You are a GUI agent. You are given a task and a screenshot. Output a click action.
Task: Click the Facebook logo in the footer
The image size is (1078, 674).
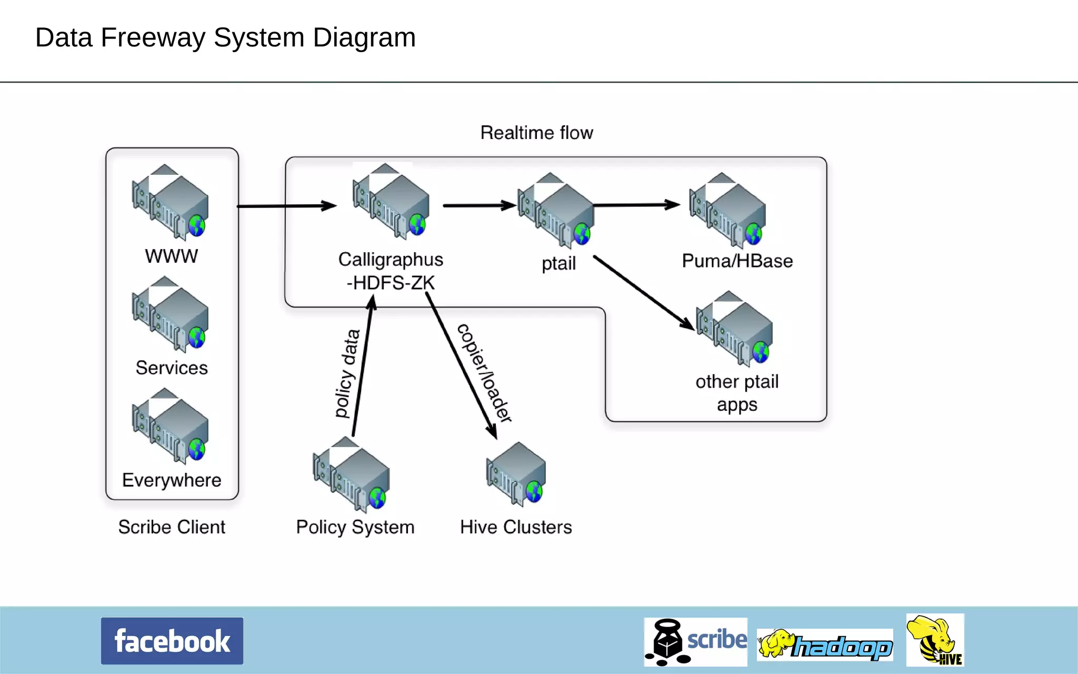[x=172, y=641]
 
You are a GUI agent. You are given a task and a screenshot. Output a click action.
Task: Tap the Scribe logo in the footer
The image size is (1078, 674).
[x=695, y=641]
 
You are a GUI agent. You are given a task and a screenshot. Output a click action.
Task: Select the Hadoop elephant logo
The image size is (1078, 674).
[x=825, y=645]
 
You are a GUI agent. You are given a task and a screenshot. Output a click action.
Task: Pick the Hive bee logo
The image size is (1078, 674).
[x=935, y=640]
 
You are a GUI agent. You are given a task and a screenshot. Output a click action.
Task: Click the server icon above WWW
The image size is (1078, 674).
[x=171, y=203]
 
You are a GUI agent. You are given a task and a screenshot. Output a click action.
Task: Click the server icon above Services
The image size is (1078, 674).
[x=171, y=315]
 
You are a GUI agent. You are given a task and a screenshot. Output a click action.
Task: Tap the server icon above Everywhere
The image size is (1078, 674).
[x=171, y=427]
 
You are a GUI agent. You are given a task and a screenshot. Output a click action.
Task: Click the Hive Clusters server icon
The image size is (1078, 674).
[x=516, y=474]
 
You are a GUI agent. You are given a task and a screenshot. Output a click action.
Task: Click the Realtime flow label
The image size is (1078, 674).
[x=536, y=133]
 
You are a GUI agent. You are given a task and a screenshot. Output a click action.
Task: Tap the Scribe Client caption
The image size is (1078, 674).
[x=172, y=527]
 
